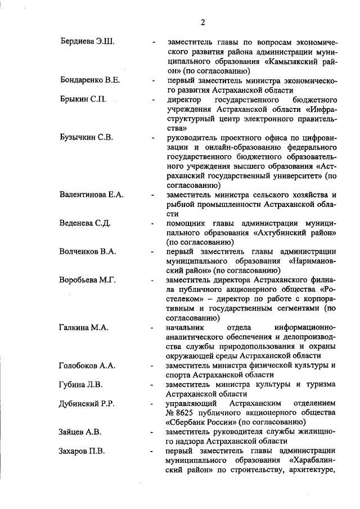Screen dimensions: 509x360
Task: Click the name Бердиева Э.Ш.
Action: (87, 42)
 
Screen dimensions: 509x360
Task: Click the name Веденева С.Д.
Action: (85, 223)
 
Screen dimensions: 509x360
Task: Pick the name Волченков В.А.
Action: (88, 252)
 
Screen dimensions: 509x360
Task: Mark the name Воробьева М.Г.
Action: (88, 281)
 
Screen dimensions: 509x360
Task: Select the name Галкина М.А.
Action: (84, 327)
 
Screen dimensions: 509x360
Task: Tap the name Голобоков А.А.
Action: (87, 366)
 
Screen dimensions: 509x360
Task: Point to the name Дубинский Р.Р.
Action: (88, 404)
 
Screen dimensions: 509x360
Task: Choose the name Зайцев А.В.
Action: (81, 433)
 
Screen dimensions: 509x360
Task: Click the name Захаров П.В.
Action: (82, 452)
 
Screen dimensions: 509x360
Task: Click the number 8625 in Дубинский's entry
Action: (188, 413)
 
